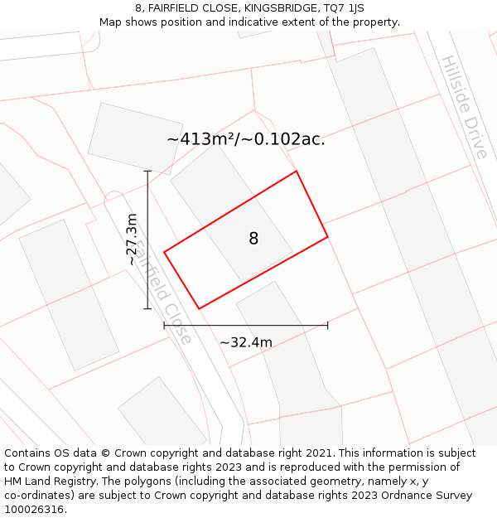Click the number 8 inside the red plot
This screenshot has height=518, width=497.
click(x=253, y=239)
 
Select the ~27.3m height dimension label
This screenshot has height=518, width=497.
click(x=131, y=240)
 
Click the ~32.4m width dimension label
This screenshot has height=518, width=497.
click(x=246, y=341)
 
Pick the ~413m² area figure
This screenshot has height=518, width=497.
click(x=202, y=139)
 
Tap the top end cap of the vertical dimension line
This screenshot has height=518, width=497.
click(x=147, y=172)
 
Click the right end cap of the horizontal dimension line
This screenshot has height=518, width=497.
click(x=328, y=326)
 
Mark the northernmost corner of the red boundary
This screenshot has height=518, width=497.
click(x=296, y=172)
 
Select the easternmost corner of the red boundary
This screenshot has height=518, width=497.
click(x=328, y=237)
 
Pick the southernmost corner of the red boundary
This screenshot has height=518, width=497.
click(x=199, y=309)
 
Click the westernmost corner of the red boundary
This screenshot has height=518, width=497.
click(x=164, y=252)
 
